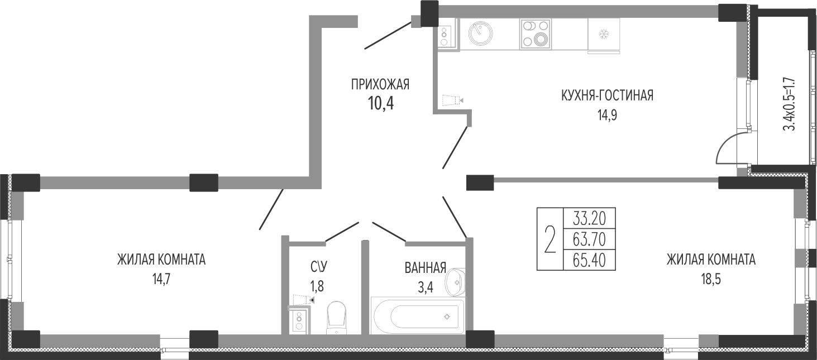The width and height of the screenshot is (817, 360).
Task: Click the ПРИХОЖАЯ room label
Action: point(380,84)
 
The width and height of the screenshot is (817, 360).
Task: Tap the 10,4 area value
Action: point(381,104)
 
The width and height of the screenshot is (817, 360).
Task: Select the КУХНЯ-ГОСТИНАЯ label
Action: point(607,95)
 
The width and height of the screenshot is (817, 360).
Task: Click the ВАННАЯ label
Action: point(426,268)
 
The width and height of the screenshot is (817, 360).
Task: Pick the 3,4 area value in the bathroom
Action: point(426,287)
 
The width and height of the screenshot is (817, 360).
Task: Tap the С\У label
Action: point(319,267)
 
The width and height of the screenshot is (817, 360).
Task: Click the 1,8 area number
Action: point(317,286)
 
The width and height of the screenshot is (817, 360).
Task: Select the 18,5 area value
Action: point(711,279)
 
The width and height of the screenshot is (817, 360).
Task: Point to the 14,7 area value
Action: point(161,279)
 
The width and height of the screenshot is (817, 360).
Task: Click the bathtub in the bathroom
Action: point(418,316)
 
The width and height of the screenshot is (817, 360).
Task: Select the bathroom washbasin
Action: point(455,282)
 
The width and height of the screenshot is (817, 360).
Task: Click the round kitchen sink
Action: point(480,34)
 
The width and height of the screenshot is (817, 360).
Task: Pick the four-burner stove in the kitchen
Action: point(536,34)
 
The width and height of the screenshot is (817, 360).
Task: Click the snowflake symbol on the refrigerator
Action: point(604,35)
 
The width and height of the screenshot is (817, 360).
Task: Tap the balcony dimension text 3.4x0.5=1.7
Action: point(789,104)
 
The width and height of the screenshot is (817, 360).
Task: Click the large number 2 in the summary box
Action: point(550,239)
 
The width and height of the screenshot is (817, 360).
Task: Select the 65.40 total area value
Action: point(589,260)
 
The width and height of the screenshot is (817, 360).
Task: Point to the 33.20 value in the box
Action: point(589,219)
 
